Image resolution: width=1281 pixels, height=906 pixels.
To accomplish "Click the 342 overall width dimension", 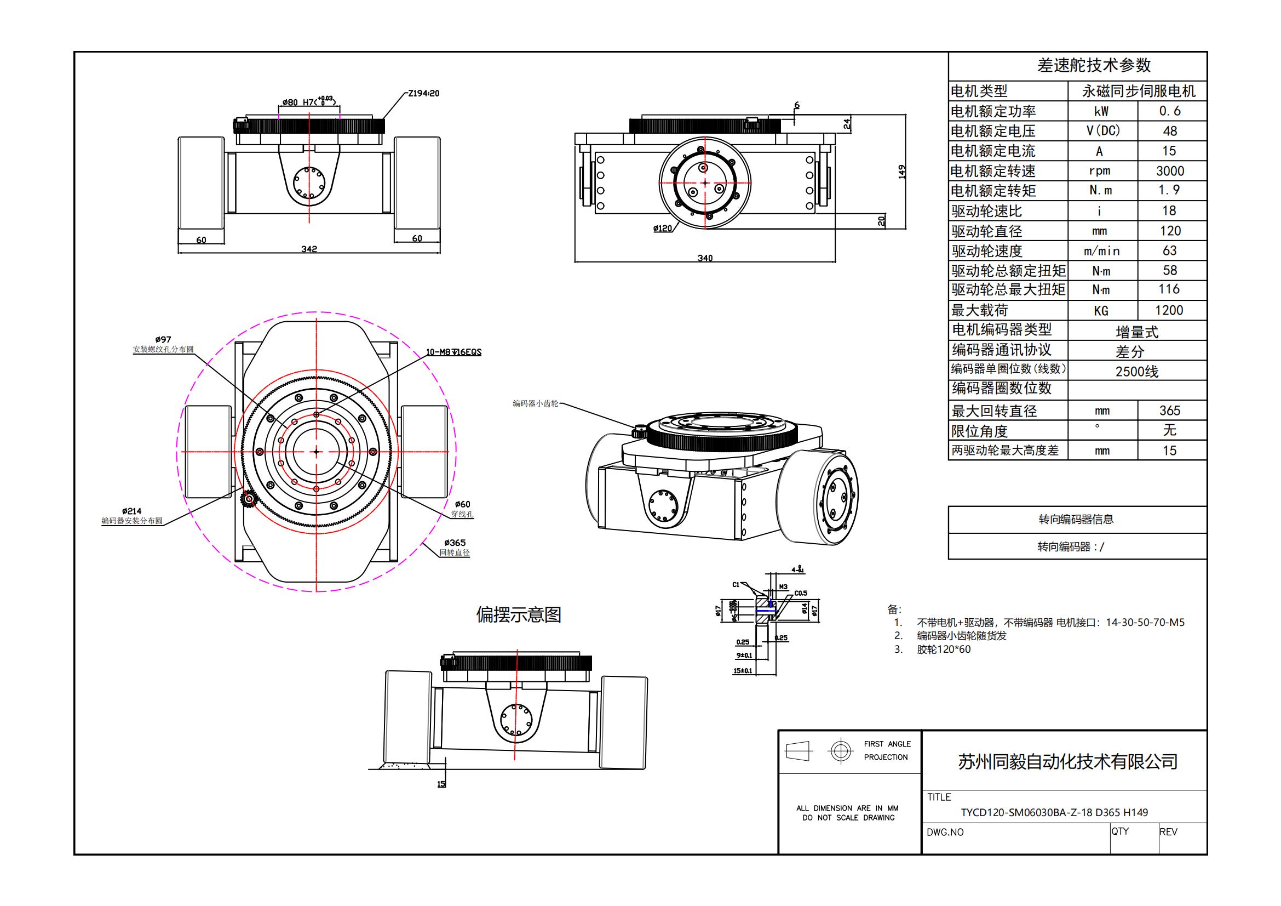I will (x=309, y=249).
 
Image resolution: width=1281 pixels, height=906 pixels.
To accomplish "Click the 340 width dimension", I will (x=705, y=258).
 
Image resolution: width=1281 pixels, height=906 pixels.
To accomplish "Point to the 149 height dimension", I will (x=902, y=172).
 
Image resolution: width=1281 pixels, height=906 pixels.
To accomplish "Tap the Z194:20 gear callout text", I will (x=423, y=93).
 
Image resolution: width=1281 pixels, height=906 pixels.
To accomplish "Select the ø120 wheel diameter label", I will (x=663, y=229).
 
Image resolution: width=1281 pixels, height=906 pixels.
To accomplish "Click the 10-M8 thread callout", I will (x=453, y=352).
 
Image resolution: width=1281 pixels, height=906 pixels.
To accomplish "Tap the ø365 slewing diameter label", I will (x=455, y=543).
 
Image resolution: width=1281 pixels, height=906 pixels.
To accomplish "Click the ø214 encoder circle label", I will (x=131, y=511).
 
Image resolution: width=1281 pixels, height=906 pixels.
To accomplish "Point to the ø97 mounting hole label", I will (x=163, y=339).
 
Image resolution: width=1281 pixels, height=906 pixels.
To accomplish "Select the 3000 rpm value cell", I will (x=1170, y=171).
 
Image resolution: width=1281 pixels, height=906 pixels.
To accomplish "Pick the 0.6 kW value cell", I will (x=1169, y=111).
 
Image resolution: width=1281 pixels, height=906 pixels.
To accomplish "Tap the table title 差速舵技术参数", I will (x=1094, y=66).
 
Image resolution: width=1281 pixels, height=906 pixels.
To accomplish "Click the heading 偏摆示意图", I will (x=518, y=614).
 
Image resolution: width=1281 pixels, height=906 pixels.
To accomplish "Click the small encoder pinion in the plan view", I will (x=248, y=499).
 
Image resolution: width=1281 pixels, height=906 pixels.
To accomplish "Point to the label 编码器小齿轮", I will (x=535, y=403).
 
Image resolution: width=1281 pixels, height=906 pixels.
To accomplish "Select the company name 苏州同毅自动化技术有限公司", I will (x=1067, y=761).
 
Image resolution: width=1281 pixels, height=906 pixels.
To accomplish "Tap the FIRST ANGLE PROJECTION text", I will (x=887, y=750).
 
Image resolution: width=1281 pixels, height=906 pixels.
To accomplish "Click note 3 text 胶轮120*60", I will (x=944, y=649).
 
